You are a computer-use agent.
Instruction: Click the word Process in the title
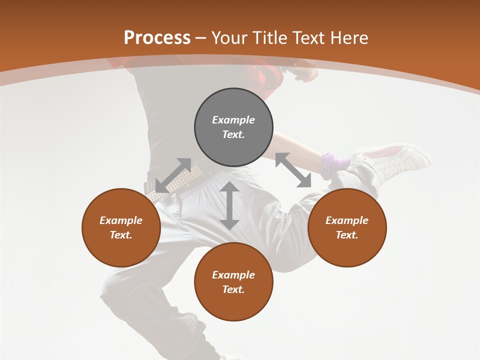pos(157,38)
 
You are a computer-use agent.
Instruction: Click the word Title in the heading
pos(269,38)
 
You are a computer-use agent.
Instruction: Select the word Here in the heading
pos(348,38)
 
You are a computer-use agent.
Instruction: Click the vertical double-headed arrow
pos(229,205)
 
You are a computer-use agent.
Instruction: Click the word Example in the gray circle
pos(233,120)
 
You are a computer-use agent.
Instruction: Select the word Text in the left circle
pos(121,235)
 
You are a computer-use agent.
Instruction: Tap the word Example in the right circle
pos(347,220)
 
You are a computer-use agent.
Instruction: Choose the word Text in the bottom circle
pos(233,289)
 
